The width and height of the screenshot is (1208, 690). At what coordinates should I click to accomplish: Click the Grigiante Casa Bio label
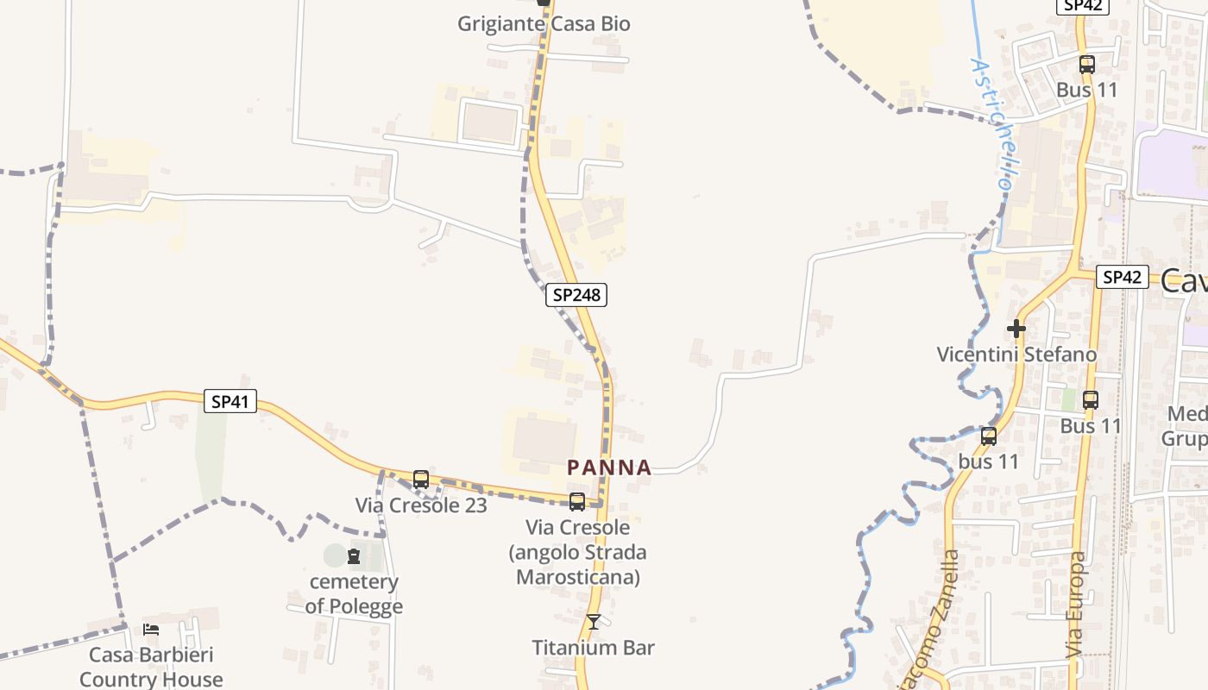click(x=544, y=24)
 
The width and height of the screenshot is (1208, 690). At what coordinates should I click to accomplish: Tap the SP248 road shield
click(x=576, y=295)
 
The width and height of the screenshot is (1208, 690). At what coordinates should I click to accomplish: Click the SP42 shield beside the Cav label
click(x=1122, y=277)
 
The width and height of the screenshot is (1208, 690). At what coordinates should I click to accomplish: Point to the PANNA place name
click(x=609, y=467)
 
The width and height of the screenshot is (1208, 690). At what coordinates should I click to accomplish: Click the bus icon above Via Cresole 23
click(x=421, y=480)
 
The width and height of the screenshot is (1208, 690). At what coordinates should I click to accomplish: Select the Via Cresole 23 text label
click(x=421, y=505)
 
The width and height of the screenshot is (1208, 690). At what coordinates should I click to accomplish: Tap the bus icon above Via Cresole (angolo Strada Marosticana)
click(x=577, y=502)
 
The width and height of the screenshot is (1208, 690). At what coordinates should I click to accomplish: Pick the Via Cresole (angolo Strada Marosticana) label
click(x=578, y=552)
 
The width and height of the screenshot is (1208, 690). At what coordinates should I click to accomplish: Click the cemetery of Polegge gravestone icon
click(x=354, y=556)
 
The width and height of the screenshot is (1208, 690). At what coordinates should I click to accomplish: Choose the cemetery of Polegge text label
click(x=354, y=594)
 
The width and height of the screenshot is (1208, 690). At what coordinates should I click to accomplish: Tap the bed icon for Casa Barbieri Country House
click(x=151, y=630)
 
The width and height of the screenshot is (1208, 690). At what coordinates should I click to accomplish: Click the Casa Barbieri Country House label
click(x=151, y=667)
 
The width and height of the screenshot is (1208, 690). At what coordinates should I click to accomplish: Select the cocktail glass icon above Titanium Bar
click(x=594, y=622)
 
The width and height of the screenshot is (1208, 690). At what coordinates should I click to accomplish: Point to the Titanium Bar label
click(x=594, y=648)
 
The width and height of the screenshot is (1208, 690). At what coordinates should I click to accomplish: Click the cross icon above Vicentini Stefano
click(x=1016, y=329)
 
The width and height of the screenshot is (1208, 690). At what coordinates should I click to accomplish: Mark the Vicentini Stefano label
click(x=1016, y=354)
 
